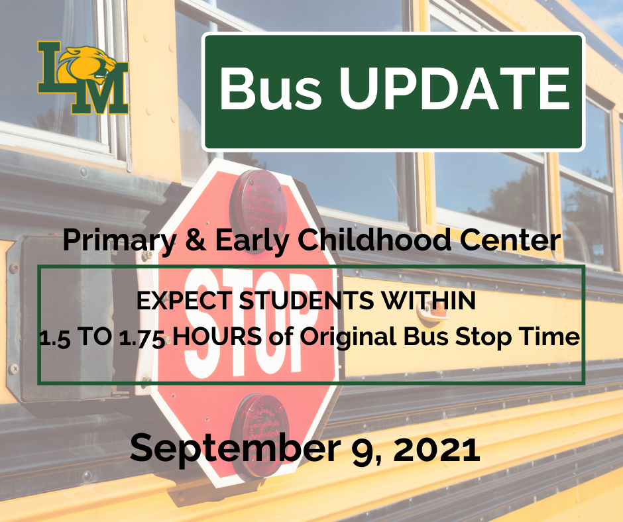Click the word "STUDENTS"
pos(296,301)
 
